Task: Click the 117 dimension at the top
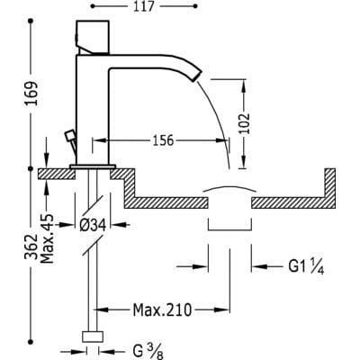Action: point(143,6)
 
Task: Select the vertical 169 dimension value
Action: point(31,93)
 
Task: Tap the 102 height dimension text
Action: point(245,123)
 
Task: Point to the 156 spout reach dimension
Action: point(163,140)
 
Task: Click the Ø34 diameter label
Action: point(93,225)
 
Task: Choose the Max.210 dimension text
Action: point(162,310)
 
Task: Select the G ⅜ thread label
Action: point(148,352)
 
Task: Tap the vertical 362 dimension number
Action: point(31,247)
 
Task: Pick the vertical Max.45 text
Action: point(47,238)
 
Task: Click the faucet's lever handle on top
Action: point(93,38)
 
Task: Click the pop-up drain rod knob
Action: point(69,135)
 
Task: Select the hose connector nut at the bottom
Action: point(93,337)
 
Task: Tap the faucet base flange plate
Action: point(93,166)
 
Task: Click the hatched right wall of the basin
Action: point(330,184)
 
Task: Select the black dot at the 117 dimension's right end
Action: point(196,6)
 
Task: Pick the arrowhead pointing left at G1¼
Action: point(257,265)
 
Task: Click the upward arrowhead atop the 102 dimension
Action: point(244,85)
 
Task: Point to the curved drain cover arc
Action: point(229,188)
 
